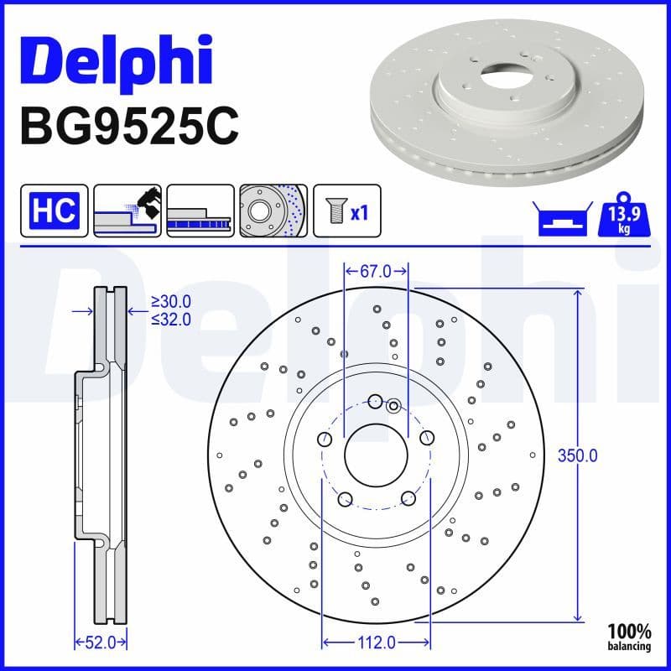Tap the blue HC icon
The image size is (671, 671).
[x=54, y=210]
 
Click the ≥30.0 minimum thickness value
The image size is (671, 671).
[x=171, y=302]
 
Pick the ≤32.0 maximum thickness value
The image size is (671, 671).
[x=171, y=319]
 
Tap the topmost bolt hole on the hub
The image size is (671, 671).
[x=376, y=401]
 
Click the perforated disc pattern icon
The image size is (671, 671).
[x=273, y=211]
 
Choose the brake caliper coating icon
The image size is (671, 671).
[x=127, y=211]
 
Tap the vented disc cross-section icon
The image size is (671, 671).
[x=200, y=211]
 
